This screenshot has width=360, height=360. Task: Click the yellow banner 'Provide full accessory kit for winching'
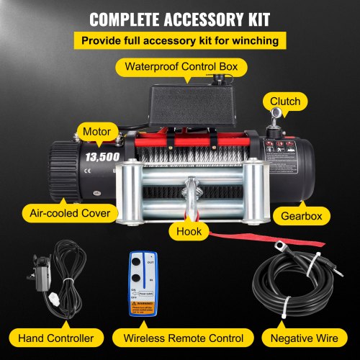click(x=179, y=40)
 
